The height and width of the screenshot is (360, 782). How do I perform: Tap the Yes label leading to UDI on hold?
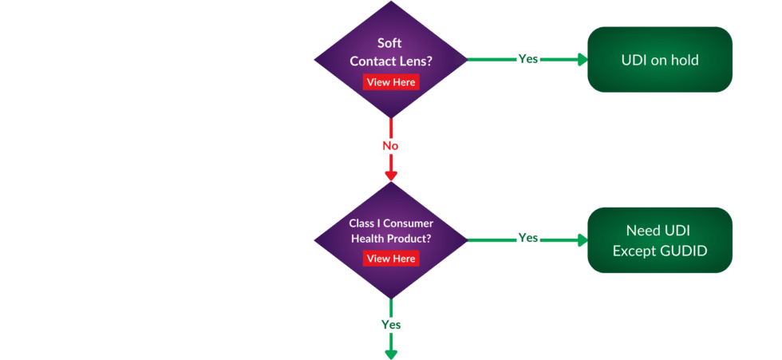click(x=527, y=59)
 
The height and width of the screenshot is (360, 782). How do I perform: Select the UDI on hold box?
click(x=659, y=60)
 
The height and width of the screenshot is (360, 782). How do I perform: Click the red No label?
click(x=390, y=146)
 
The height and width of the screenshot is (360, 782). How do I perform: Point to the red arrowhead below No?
click(x=390, y=175)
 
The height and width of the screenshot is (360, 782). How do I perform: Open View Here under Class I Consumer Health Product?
click(x=391, y=259)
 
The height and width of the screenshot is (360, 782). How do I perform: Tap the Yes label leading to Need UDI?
click(x=527, y=238)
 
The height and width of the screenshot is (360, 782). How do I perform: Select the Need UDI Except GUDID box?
click(x=659, y=240)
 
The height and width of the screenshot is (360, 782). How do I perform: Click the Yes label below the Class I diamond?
click(x=391, y=325)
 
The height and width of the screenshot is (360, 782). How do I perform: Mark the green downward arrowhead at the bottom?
click(x=391, y=353)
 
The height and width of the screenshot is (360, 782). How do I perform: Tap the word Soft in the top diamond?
click(x=389, y=44)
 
